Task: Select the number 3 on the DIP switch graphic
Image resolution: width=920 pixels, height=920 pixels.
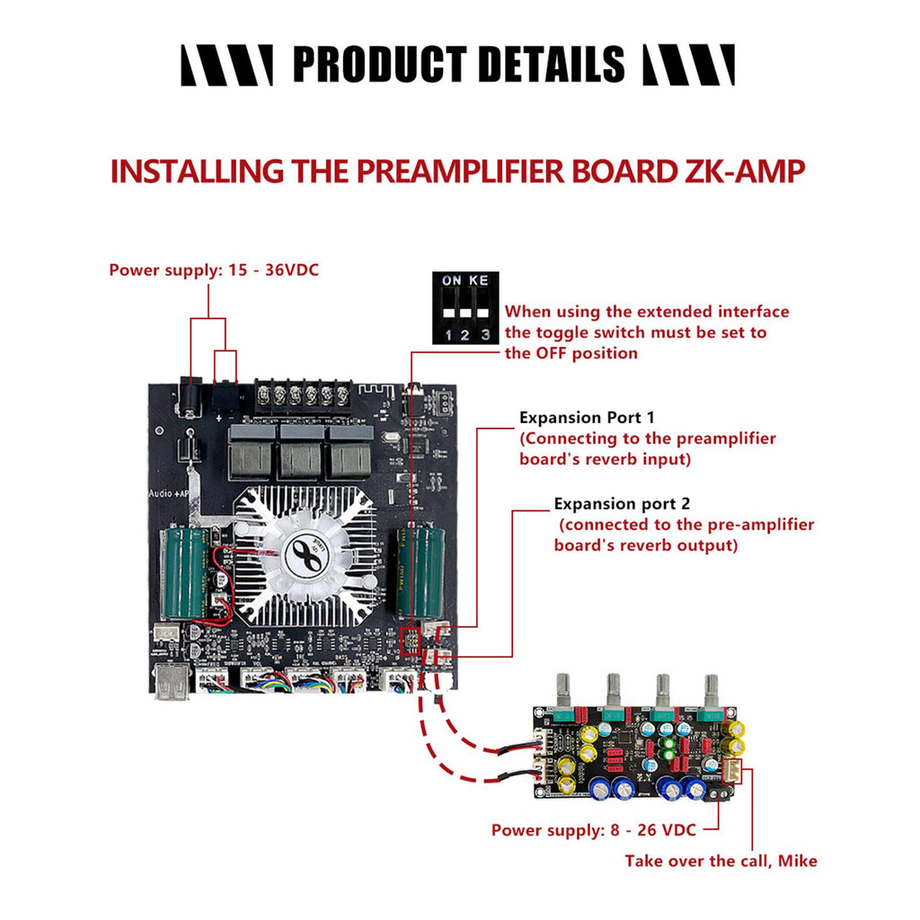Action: [x=484, y=335]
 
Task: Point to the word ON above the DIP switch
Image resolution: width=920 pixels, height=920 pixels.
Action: [x=452, y=280]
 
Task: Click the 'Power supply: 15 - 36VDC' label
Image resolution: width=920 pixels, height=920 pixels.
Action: [x=214, y=269]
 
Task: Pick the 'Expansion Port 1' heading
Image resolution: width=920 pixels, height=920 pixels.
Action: [x=588, y=418]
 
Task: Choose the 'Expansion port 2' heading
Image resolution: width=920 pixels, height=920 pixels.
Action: [x=622, y=504]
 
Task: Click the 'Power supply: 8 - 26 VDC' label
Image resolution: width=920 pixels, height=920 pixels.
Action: [x=593, y=830]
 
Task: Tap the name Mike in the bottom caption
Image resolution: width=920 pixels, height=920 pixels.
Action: [x=798, y=861]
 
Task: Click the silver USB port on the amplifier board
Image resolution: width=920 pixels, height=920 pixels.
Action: [x=172, y=683]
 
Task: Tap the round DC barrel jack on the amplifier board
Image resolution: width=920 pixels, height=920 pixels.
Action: [x=190, y=394]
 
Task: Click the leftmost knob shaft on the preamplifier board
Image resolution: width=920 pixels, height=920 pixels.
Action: [x=563, y=687]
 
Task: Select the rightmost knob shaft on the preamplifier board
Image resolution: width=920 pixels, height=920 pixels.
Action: [x=712, y=687]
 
